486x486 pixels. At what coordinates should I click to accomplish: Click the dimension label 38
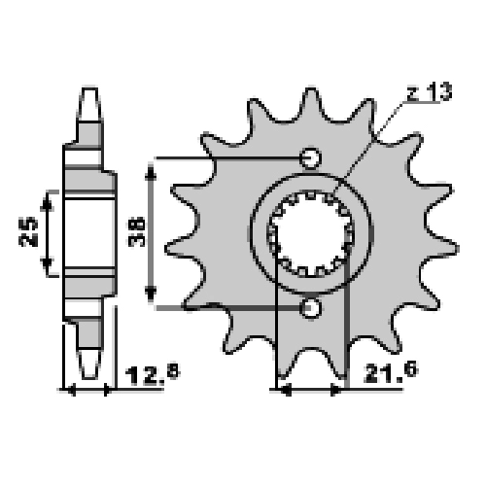tap(136, 231)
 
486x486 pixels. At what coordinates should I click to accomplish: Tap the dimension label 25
tap(28, 232)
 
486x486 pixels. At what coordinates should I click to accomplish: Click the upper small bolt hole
tap(310, 158)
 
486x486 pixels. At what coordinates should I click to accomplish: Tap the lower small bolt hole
tap(310, 308)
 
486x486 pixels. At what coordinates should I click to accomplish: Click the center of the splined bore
tap(311, 234)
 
